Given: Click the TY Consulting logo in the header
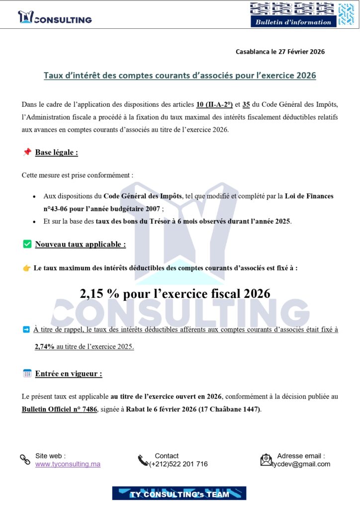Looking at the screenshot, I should (55, 18).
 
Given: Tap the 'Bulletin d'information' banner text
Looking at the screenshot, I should (293, 22).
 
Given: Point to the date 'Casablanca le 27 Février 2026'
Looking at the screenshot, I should (280, 52).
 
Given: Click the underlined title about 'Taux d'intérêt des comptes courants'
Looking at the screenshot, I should (180, 76).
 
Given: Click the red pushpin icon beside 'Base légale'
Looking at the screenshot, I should (27, 152).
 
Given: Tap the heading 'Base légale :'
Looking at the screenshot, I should (56, 153).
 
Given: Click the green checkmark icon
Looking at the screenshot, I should (27, 244).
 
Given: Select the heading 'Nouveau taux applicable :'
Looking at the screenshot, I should (80, 245).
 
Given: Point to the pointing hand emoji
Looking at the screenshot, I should (27, 268).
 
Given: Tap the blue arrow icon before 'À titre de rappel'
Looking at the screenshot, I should (26, 330).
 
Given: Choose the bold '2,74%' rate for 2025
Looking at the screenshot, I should (44, 347).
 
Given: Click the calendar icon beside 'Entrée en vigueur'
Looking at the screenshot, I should (27, 373).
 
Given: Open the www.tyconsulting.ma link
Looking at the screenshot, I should (68, 464).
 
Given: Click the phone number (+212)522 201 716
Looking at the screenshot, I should (179, 464).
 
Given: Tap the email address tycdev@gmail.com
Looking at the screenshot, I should (301, 464).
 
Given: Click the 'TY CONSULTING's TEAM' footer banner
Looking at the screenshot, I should (179, 494).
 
